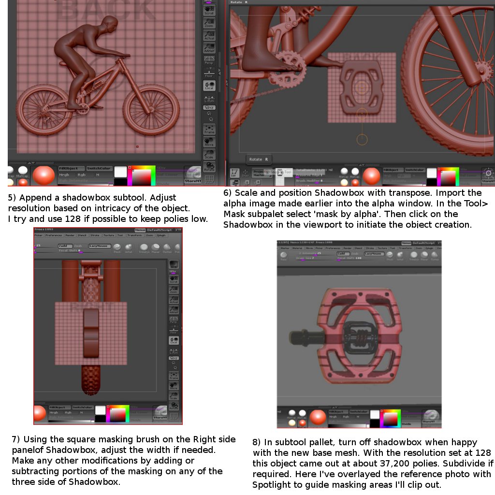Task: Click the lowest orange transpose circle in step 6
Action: coord(362,139)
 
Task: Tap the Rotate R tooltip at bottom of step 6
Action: coord(259,159)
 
